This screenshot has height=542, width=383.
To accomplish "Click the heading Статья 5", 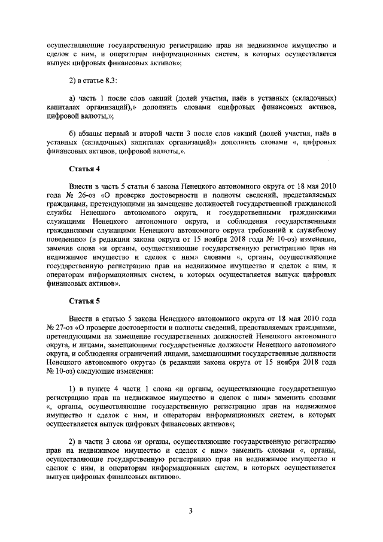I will (x=84, y=301).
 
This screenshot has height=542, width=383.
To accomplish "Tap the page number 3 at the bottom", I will (x=191, y=511).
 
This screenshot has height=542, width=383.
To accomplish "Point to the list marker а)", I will (x=74, y=98).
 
